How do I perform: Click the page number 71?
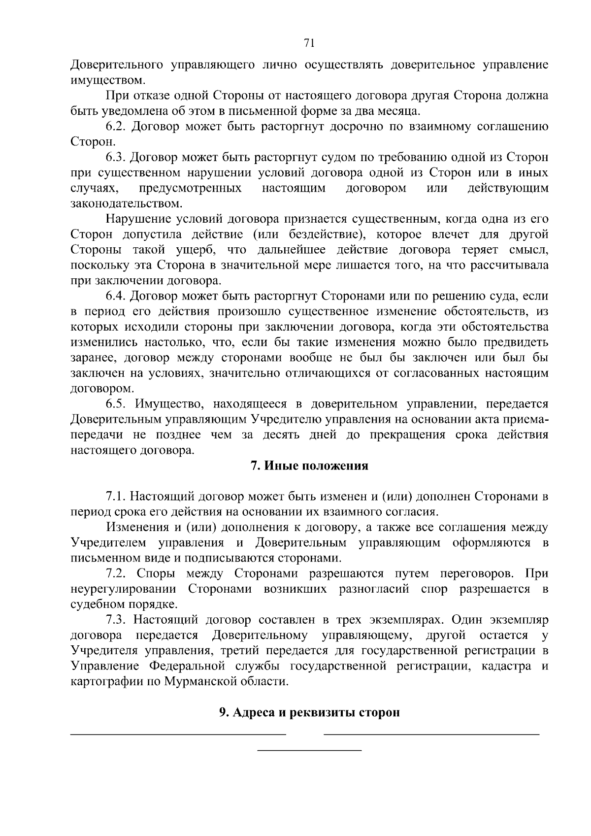pos(309,43)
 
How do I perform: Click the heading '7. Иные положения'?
pos(309,466)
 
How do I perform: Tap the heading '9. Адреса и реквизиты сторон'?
pos(309,713)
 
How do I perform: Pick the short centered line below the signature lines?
pos(310,750)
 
